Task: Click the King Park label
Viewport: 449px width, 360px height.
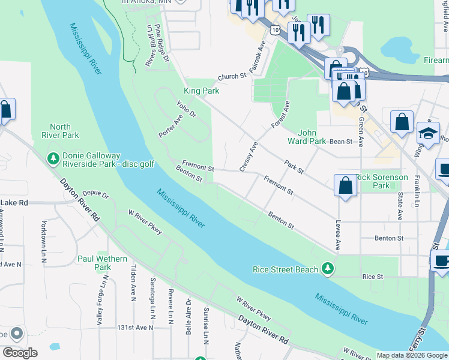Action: (201, 91)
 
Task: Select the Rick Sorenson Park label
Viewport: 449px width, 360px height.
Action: (382, 182)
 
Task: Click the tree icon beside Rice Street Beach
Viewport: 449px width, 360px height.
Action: (327, 269)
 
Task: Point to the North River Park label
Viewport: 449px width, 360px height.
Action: (60, 131)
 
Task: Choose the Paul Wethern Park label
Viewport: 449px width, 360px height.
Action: (103, 263)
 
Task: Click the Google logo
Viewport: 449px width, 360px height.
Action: (20, 352)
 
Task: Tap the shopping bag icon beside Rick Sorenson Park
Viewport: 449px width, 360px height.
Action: (346, 185)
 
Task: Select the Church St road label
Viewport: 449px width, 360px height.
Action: (232, 77)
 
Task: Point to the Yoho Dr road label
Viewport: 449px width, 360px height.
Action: (187, 109)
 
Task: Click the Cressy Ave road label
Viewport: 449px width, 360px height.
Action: (248, 157)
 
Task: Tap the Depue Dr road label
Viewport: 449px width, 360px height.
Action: (95, 195)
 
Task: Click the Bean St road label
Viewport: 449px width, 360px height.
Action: (340, 142)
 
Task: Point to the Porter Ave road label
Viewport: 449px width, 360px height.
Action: (170, 125)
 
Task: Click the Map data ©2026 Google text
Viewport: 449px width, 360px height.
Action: (412, 355)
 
